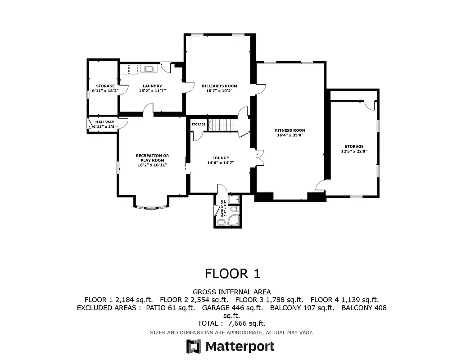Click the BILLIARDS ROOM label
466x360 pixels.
[219, 86]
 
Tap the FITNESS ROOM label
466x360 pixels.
[290, 130]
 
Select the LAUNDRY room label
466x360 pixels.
[152, 86]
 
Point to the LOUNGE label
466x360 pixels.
[221, 158]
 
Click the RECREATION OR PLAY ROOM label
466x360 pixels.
[152, 158]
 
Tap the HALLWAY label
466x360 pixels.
[104, 122]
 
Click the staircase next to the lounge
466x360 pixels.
[224, 124]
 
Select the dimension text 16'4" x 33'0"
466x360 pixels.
[290, 135]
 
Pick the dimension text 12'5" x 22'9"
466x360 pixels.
[354, 151]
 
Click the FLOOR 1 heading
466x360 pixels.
[232, 274]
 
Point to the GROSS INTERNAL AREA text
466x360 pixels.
[232, 292]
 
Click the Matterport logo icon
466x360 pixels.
[194, 346]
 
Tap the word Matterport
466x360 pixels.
[240, 346]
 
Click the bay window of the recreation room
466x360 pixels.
[151, 207]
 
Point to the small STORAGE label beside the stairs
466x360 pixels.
[198, 124]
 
